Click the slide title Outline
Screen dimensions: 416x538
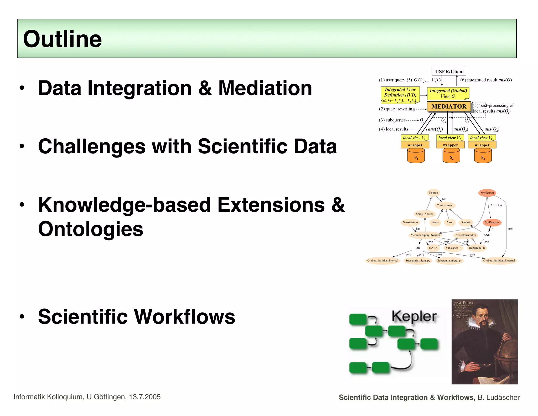[x=62, y=39]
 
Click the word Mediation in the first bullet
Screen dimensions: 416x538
[x=265, y=88]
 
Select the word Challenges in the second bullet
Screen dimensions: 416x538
[x=92, y=146]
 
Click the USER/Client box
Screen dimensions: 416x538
[x=449, y=72]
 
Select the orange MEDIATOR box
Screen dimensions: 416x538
[x=449, y=106]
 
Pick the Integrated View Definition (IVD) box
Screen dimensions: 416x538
[x=400, y=95]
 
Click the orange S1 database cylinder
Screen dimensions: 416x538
[x=416, y=156]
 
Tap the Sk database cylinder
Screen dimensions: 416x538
[x=483, y=156]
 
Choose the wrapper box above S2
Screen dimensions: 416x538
[x=450, y=145]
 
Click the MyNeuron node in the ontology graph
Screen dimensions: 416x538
[x=487, y=193]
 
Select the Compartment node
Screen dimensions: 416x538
[x=445, y=205]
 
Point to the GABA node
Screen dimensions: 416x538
[x=433, y=248]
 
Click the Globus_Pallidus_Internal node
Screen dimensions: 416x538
[x=383, y=261]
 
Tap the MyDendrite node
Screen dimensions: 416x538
[x=492, y=222]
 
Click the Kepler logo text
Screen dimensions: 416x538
[x=414, y=316]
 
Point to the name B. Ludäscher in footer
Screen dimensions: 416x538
[x=499, y=397]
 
